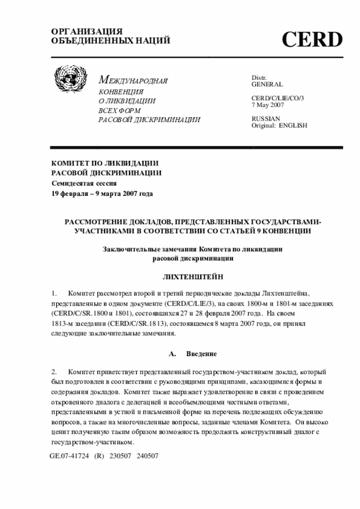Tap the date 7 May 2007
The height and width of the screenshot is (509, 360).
268,105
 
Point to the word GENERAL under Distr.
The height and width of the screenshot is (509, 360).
267,84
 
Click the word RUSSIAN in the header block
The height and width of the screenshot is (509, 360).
265,119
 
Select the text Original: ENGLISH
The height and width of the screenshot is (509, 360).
279,125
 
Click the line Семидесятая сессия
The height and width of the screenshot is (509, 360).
84,183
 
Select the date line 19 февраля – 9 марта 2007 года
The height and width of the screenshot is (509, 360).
102,193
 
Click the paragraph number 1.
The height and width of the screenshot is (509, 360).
54,293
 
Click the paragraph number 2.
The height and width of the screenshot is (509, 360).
54,372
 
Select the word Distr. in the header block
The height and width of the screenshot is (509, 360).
259,77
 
